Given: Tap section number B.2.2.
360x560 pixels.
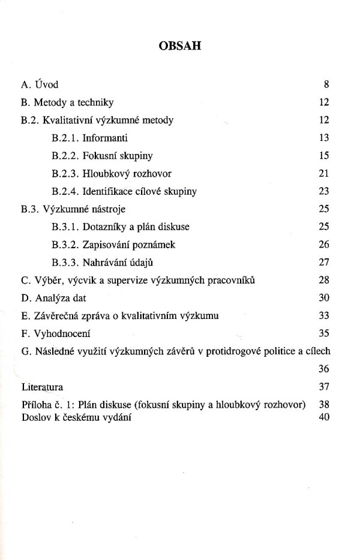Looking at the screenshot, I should tap(64, 156).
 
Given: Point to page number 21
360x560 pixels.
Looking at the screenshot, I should tap(325, 174).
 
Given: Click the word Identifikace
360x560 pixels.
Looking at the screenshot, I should tap(109, 192).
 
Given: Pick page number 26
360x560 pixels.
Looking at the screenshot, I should tap(325, 245).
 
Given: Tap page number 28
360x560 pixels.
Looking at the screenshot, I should tap(325, 281).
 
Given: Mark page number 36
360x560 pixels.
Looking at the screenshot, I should tap(325, 369).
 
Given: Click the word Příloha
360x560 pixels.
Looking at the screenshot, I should tap(36, 406).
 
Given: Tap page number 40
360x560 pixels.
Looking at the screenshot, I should tap(325, 417).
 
